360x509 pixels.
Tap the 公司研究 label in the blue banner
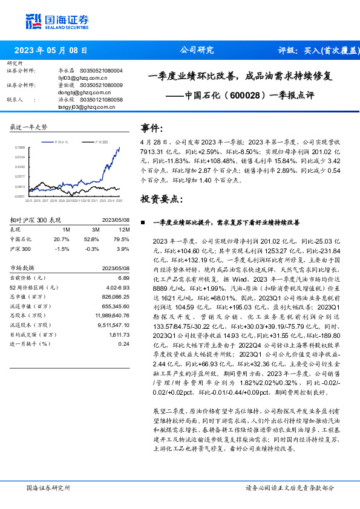tap(197, 51)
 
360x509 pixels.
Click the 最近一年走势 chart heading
tap(29, 127)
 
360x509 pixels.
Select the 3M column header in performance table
tap(96, 230)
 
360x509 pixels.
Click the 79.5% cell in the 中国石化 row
tap(121, 239)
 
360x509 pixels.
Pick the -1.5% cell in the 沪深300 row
tap(62, 248)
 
